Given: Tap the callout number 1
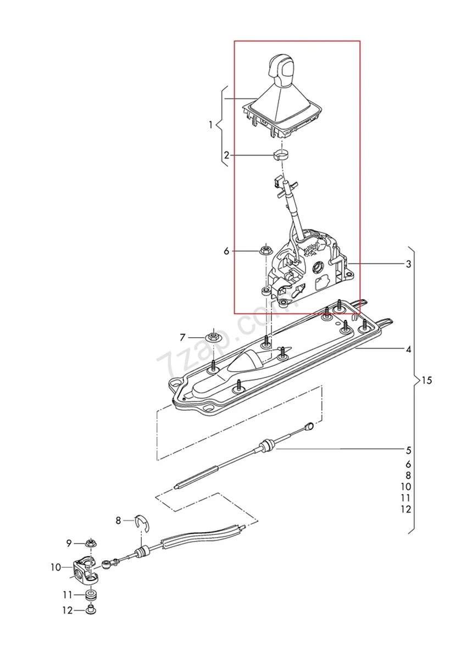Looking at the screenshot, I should coord(210,126).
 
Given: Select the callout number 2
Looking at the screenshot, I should coord(226,155).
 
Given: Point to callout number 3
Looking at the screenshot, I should coord(408,265).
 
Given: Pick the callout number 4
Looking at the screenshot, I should coord(408,349).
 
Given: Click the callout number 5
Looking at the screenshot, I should coord(408,450).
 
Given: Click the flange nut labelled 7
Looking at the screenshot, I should coord(212,336).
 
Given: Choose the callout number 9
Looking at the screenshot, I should coord(69,544).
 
